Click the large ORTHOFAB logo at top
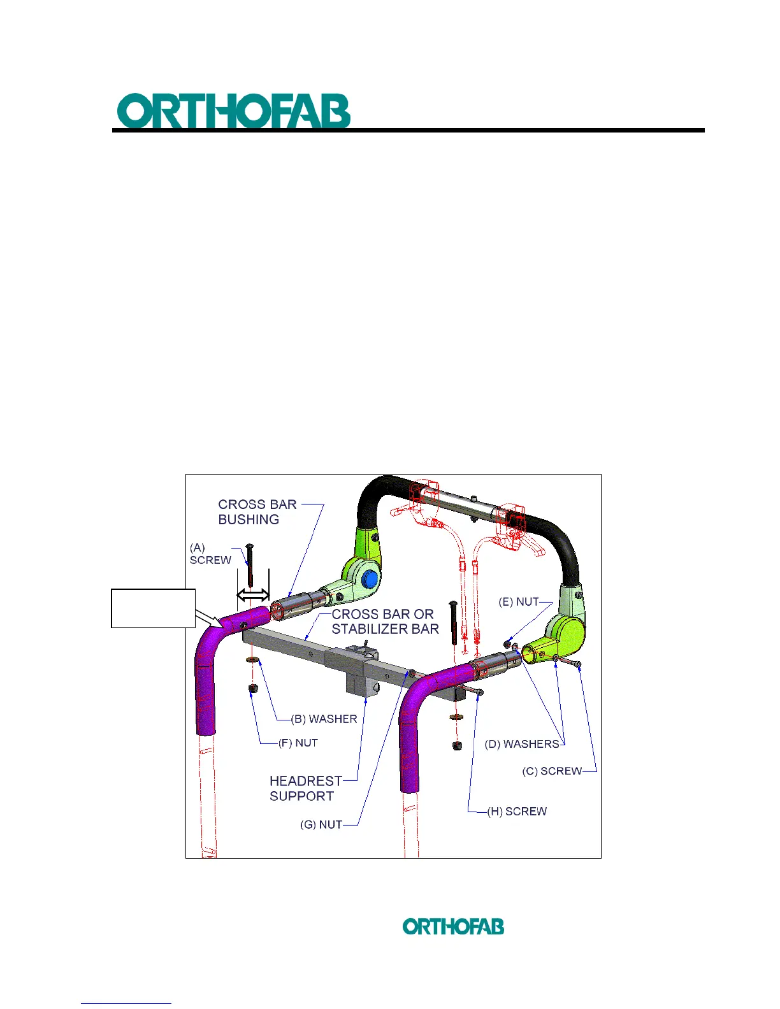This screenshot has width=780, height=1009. pos(233,111)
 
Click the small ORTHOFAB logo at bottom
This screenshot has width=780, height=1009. pos(453,926)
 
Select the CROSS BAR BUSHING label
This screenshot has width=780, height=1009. pos(257,512)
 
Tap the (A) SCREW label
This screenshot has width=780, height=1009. pos(210,554)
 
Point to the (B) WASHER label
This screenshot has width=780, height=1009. pos(324,719)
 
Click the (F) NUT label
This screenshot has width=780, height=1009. pos(298,743)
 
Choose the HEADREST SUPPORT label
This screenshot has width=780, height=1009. pos(306,788)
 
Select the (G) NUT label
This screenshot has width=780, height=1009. pos(321,824)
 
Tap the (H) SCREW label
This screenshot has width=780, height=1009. pos(517,812)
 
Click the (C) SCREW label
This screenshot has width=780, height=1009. pos(552,771)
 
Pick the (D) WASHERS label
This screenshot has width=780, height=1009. pos(521,744)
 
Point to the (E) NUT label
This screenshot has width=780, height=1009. pos(519,602)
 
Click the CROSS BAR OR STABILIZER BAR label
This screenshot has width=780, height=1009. pos(385,622)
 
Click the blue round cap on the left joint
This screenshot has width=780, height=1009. pos(370,580)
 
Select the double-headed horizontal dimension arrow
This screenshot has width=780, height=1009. pos(253,596)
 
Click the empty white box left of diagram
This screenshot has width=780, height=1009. pos(153,608)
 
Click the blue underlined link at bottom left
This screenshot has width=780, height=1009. pos(126,1003)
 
